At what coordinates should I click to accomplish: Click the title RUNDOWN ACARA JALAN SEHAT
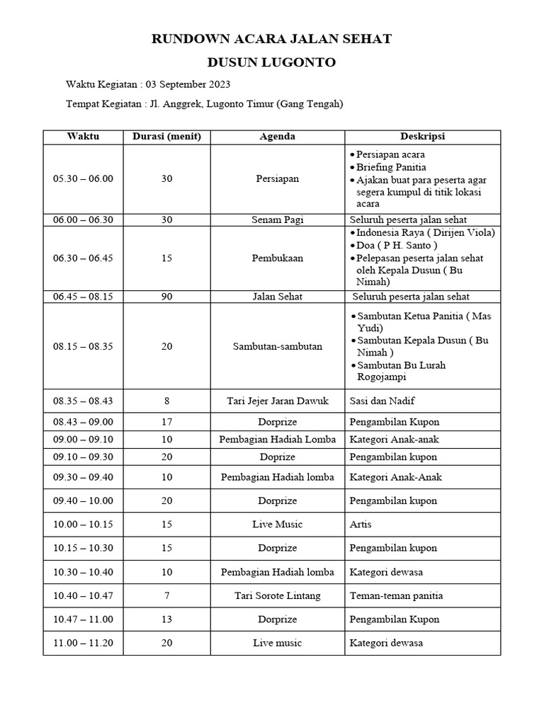(x=272, y=39)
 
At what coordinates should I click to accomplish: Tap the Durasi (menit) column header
(x=166, y=137)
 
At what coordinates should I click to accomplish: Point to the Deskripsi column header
(x=422, y=137)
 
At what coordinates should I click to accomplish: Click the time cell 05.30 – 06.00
(x=83, y=178)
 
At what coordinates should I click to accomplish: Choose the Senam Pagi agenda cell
(x=278, y=219)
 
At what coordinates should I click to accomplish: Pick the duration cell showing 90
(x=166, y=297)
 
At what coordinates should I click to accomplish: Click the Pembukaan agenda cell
(x=278, y=258)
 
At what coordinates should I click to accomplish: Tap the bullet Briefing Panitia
(x=391, y=167)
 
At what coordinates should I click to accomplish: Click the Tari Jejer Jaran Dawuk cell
(x=278, y=401)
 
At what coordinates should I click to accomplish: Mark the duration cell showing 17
(x=166, y=421)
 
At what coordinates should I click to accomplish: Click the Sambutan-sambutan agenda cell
(x=278, y=346)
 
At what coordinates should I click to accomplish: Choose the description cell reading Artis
(x=361, y=524)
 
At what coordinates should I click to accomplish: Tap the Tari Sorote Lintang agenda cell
(x=278, y=595)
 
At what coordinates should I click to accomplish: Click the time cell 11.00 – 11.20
(x=83, y=643)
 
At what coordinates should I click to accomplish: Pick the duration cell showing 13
(x=166, y=619)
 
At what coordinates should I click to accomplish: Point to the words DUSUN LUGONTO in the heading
(x=272, y=62)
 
